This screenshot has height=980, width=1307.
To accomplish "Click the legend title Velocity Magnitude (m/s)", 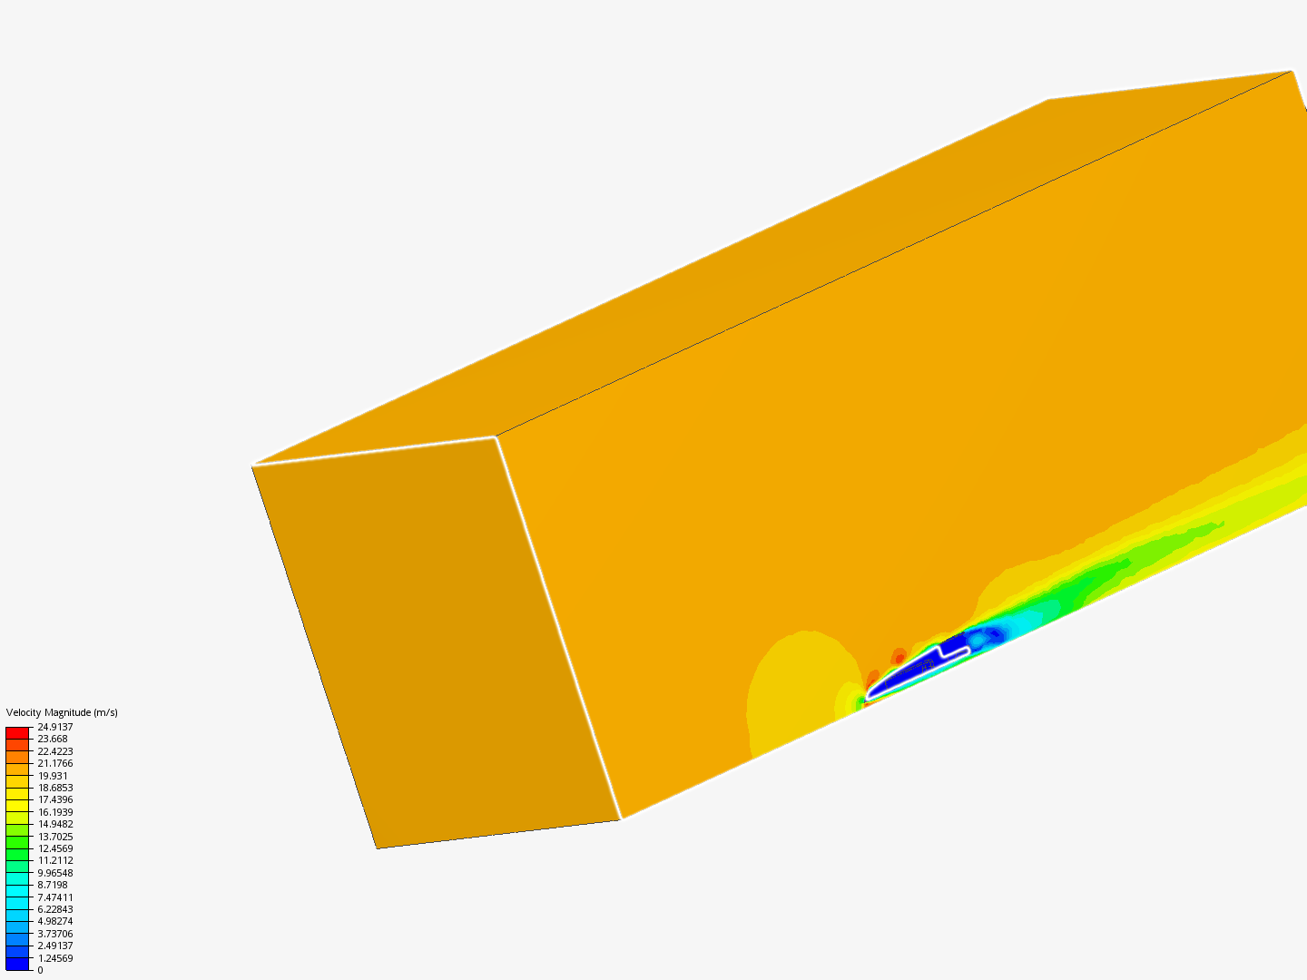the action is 62,712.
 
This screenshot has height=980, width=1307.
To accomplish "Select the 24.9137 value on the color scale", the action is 55,727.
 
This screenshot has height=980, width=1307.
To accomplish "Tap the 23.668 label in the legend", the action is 53,739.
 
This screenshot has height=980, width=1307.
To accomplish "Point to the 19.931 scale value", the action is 53,775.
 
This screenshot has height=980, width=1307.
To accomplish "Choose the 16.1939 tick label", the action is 55,811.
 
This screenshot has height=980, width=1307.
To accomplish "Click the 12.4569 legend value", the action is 55,848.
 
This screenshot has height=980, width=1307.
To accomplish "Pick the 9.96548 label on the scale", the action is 55,873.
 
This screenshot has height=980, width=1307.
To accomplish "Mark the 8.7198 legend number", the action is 53,885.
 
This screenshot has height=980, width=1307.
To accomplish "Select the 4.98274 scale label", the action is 55,921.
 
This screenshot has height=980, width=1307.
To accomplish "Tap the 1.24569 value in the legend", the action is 55,958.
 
